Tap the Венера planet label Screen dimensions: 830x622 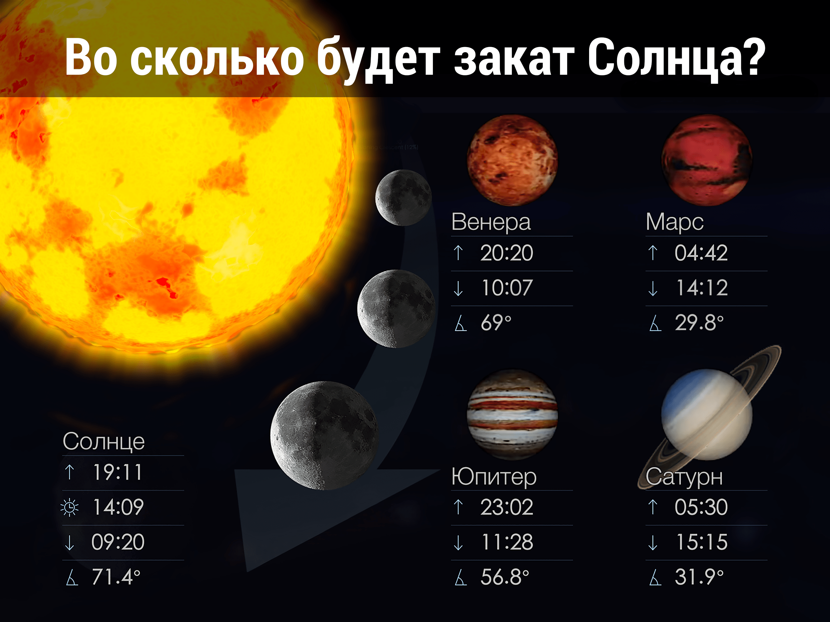[x=491, y=222]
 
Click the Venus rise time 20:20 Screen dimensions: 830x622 [x=506, y=253]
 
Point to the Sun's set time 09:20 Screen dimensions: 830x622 [x=118, y=542]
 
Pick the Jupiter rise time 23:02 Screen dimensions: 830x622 [x=506, y=507]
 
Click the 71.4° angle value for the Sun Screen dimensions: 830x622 [x=116, y=577]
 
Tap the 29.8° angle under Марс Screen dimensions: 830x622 [x=699, y=323]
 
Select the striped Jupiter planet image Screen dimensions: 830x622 [x=512, y=415]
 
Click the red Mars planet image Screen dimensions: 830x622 [x=707, y=160]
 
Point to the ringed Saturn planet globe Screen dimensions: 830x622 [x=707, y=415]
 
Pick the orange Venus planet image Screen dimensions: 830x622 [x=512, y=160]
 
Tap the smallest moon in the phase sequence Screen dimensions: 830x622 [x=404, y=198]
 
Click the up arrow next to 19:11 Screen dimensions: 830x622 [x=69, y=472]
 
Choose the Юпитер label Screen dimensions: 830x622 [x=494, y=477]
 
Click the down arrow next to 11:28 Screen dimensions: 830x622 [x=458, y=542]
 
